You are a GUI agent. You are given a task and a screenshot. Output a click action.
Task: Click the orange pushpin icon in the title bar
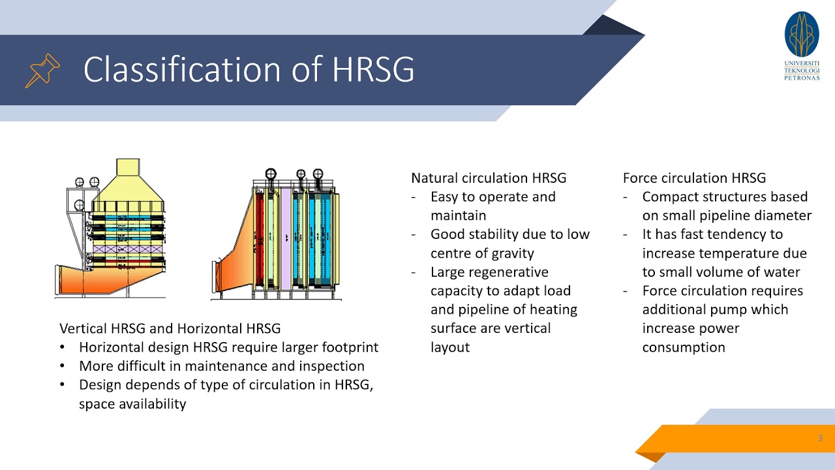pos(42,70)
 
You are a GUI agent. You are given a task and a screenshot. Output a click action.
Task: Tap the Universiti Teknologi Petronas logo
pos(802,45)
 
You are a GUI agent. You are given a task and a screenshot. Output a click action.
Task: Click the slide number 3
pos(820,438)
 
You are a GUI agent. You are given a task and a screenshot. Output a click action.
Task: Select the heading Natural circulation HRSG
pos(489,178)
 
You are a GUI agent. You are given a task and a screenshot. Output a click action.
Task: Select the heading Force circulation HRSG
pos(694,178)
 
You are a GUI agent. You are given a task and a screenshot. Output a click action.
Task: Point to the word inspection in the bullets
pos(331,366)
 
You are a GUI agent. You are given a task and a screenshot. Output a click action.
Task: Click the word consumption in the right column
pos(683,347)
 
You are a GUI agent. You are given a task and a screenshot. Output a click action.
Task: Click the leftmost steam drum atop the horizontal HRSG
pos(271,174)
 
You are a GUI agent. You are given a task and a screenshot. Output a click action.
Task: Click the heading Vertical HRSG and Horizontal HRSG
pos(170,328)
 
